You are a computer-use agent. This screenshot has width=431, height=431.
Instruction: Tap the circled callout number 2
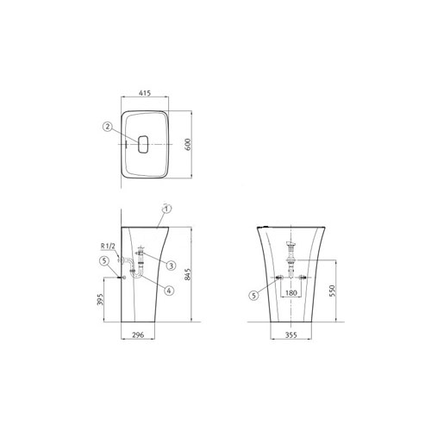point(107,127)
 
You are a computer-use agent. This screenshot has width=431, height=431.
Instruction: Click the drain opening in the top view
point(144,143)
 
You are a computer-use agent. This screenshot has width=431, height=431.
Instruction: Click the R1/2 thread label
point(109,247)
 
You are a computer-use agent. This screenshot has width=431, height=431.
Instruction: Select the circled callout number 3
point(171,265)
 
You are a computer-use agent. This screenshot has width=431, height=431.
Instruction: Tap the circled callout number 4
point(169,290)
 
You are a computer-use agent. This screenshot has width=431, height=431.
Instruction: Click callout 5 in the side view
point(104,261)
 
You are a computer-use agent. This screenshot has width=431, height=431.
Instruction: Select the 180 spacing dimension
point(294,294)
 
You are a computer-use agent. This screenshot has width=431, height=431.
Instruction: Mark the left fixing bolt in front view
point(282,278)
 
